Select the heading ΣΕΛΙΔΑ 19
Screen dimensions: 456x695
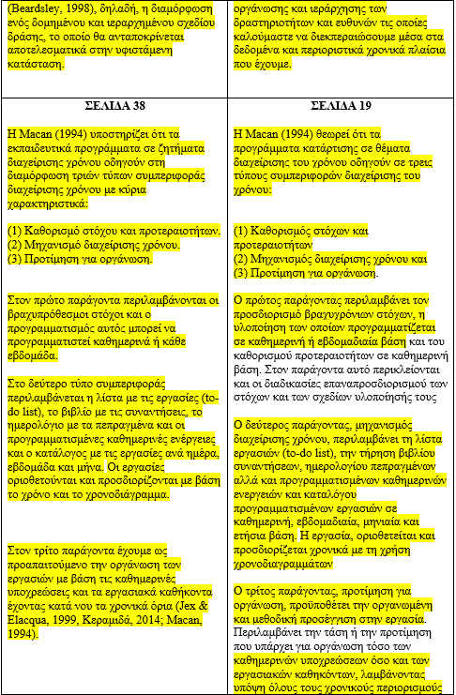tap(340, 105)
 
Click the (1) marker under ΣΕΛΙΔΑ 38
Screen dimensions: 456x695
tap(15, 230)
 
